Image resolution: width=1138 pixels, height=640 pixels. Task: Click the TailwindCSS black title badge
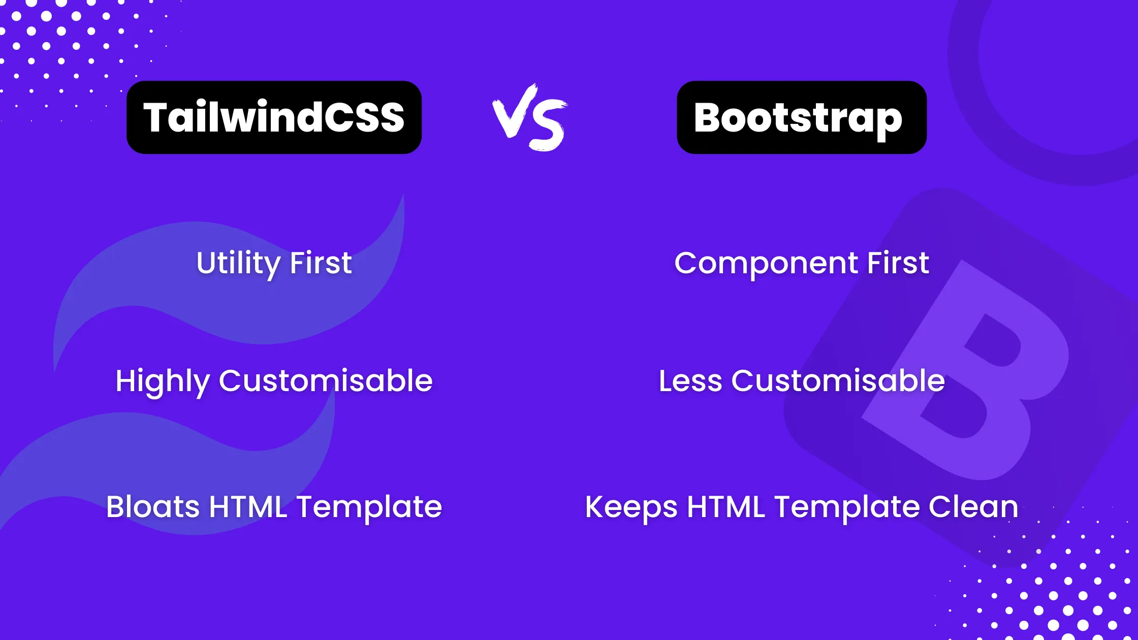[274, 117]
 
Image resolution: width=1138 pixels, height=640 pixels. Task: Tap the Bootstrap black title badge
[802, 117]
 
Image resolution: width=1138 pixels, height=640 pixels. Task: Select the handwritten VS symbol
[530, 118]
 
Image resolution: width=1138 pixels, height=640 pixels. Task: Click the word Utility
[238, 263]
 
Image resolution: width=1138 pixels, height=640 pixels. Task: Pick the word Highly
[162, 381]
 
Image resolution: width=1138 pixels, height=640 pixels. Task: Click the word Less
[690, 381]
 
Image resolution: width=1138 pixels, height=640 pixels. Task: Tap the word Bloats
[153, 507]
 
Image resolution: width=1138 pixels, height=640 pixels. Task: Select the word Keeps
[631, 507]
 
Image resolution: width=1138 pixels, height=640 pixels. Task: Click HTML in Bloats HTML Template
[248, 507]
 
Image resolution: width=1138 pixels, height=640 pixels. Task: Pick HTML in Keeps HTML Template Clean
[726, 507]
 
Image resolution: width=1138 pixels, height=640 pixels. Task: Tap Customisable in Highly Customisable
[326, 381]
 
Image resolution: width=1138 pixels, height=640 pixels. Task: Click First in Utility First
[321, 263]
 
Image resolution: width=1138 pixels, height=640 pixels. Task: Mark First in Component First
[898, 263]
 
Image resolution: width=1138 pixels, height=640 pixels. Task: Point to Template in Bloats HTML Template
[369, 507]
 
